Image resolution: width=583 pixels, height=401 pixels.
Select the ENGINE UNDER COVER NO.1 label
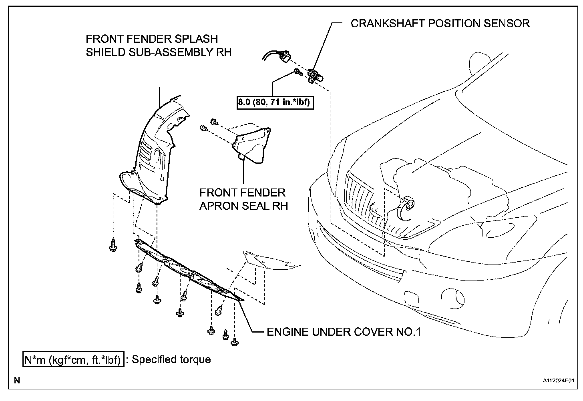coord(344,332)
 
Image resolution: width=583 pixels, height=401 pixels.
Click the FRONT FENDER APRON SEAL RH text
coord(243,199)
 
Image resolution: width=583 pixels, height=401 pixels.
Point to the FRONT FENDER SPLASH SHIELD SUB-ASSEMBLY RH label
coord(159,45)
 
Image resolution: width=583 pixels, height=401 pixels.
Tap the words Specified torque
coord(171,359)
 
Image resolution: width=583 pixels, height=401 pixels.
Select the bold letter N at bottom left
coord(17,381)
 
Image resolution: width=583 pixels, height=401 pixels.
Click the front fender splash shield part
coord(154,152)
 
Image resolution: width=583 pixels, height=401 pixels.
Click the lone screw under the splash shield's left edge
coord(113,245)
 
